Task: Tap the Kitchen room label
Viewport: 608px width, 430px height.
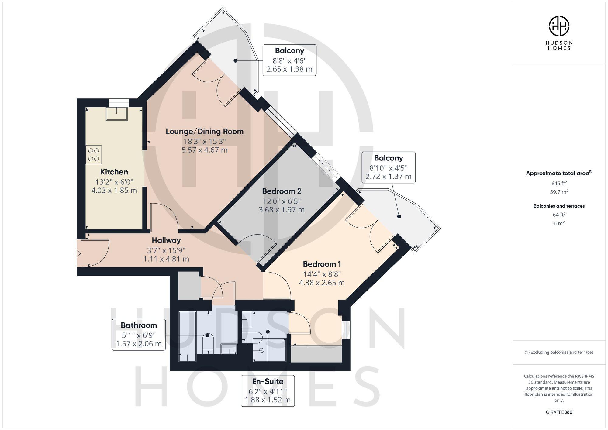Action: click(x=114, y=172)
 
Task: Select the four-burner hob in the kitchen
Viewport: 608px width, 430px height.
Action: click(x=94, y=155)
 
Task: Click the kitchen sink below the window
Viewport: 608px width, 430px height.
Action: click(x=117, y=114)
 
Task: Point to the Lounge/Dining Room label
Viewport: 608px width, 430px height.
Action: click(x=205, y=132)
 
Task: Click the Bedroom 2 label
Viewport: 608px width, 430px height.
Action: click(x=282, y=191)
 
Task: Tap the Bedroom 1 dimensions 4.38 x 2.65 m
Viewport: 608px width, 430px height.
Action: click(x=322, y=283)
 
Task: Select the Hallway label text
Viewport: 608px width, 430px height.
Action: click(x=166, y=240)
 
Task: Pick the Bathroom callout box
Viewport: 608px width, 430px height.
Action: click(x=139, y=335)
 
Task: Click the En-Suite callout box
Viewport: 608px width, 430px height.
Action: click(x=268, y=390)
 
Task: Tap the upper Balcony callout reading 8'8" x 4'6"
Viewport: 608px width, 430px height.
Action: click(x=289, y=60)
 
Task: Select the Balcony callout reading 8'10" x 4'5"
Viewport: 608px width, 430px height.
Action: click(x=388, y=167)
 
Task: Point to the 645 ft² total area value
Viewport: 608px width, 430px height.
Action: click(x=559, y=183)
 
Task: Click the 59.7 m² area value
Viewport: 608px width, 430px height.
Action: click(x=559, y=192)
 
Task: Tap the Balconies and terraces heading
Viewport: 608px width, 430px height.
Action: click(x=559, y=206)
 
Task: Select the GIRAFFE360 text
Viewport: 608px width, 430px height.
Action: click(x=559, y=412)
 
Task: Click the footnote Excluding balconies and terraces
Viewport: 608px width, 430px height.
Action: click(x=559, y=353)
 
